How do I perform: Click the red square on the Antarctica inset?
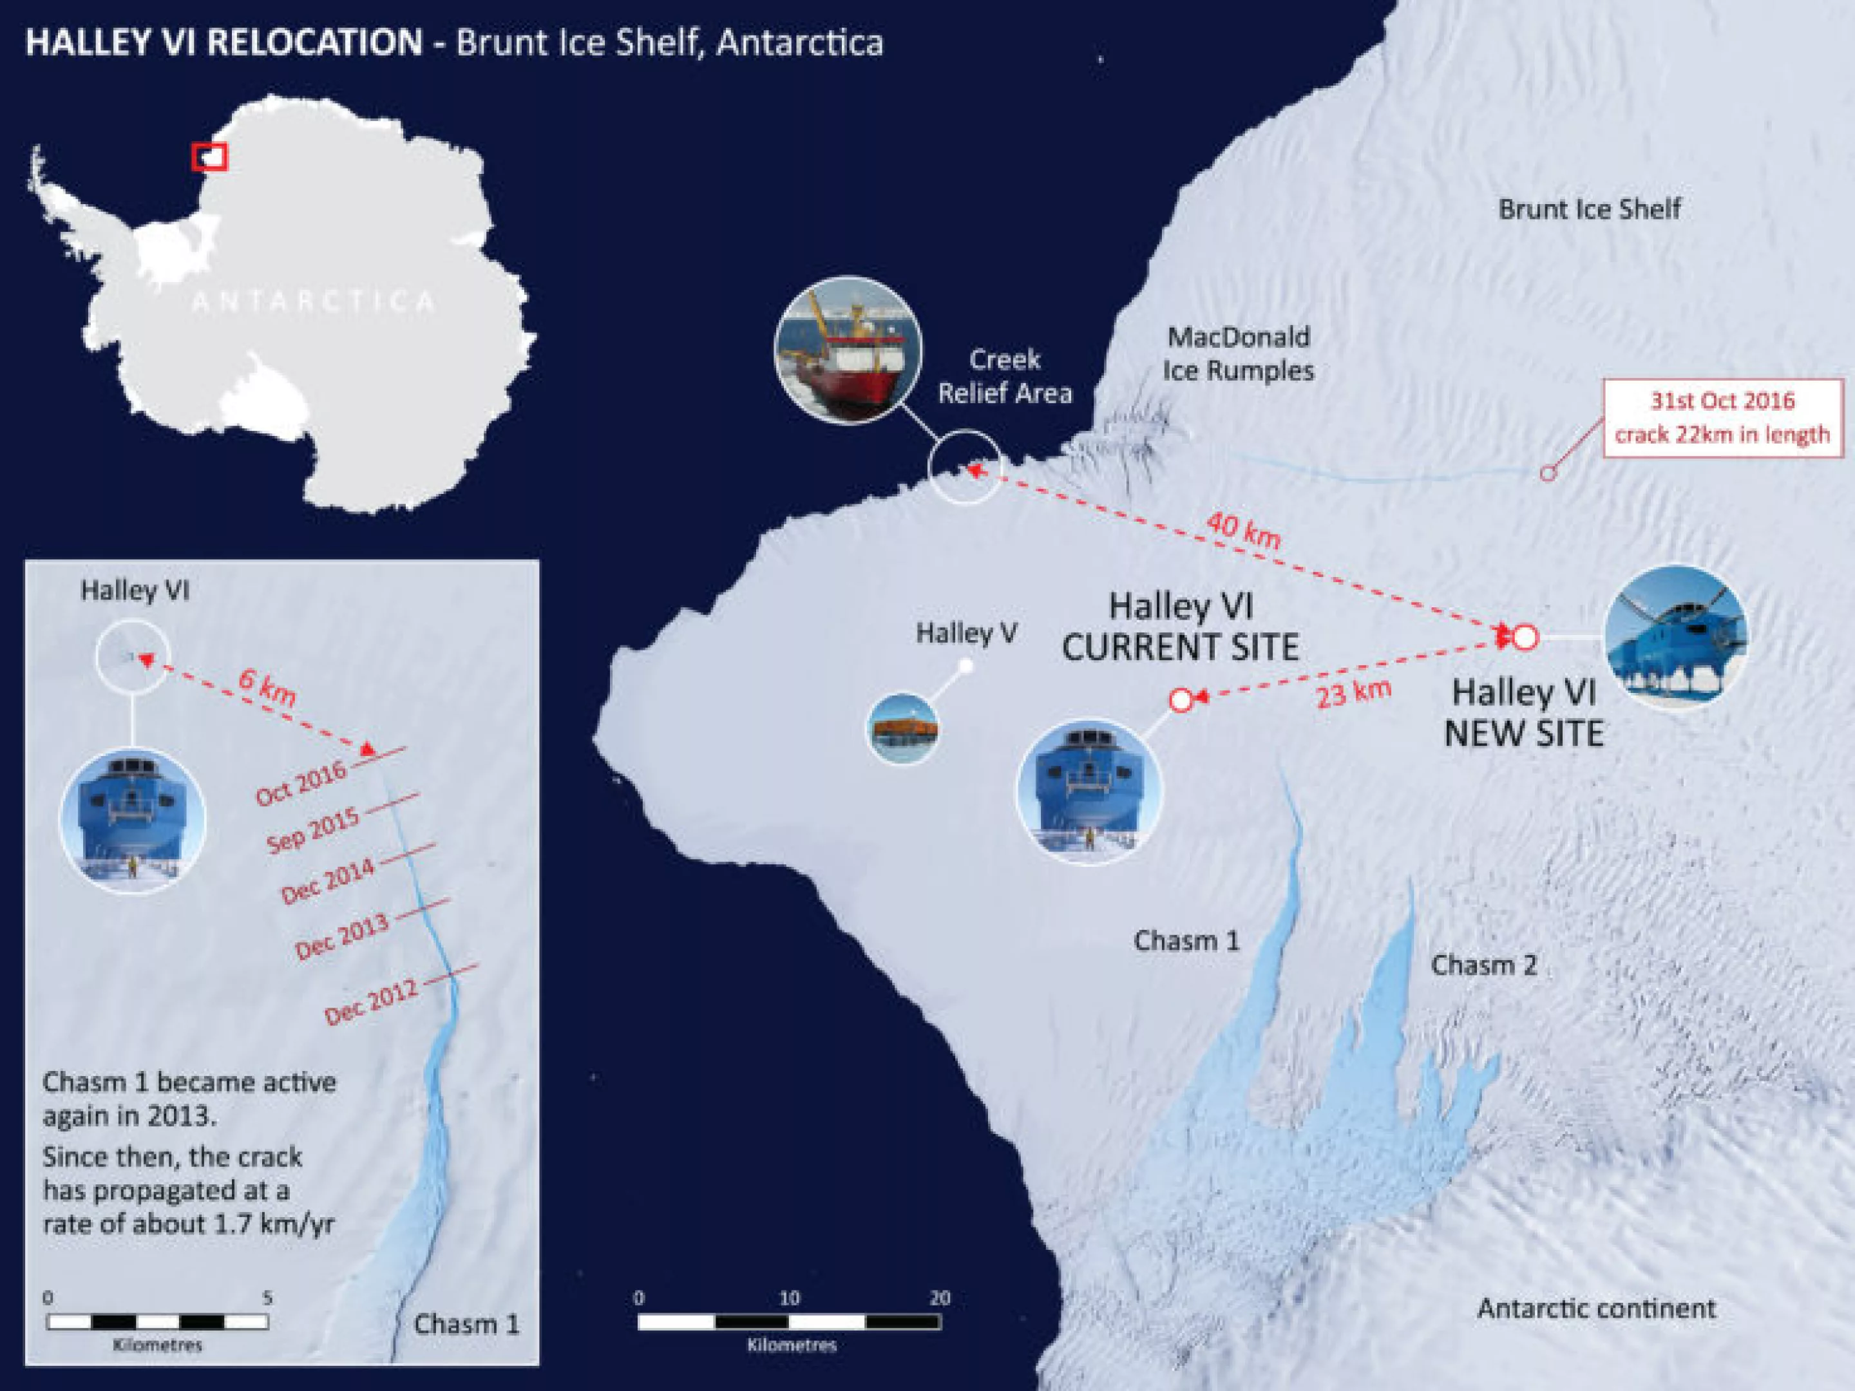pyautogui.click(x=209, y=156)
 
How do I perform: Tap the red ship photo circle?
pyautogui.click(x=848, y=350)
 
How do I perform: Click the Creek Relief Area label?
pyautogui.click(x=1005, y=377)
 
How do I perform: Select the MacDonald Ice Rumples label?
pyautogui.click(x=1238, y=354)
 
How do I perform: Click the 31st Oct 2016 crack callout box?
pyautogui.click(x=1722, y=417)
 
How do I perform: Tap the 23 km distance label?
pyautogui.click(x=1353, y=692)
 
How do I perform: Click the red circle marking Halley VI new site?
pyautogui.click(x=1525, y=638)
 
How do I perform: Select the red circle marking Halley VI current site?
pyautogui.click(x=1180, y=700)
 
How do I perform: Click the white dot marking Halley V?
pyautogui.click(x=966, y=667)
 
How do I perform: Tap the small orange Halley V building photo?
pyautogui.click(x=902, y=728)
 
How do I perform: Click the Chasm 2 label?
pyautogui.click(x=1483, y=965)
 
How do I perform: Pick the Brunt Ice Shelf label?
pyautogui.click(x=1589, y=209)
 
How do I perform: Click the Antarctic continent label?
pyautogui.click(x=1596, y=1308)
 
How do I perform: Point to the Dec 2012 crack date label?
pyautogui.click(x=370, y=1002)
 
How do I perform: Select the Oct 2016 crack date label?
pyautogui.click(x=301, y=783)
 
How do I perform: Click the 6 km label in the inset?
pyautogui.click(x=267, y=688)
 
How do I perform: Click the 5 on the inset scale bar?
pyautogui.click(x=267, y=1298)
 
